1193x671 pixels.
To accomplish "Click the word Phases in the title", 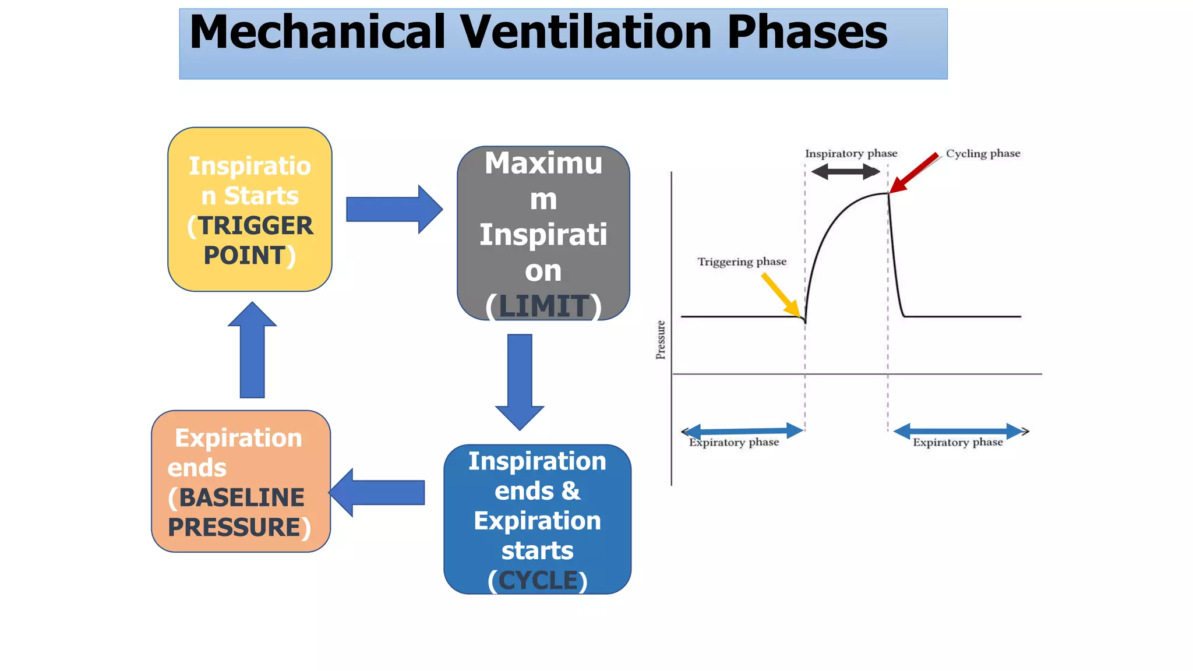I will pyautogui.click(x=807, y=33).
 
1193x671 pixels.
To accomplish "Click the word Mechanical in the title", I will pyautogui.click(x=317, y=33).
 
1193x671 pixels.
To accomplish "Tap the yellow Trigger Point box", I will pyautogui.click(x=249, y=210).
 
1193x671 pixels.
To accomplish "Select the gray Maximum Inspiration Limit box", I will pyautogui.click(x=543, y=233).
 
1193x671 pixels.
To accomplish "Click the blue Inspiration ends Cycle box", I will pyautogui.click(x=537, y=519).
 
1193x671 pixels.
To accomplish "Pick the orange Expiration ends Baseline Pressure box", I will pyautogui.click(x=241, y=481).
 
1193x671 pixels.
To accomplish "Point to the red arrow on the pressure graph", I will pyautogui.click(x=913, y=173).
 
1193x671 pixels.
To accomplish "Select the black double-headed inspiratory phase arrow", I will pyautogui.click(x=845, y=171).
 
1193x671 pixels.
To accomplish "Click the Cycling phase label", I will pyautogui.click(x=983, y=154).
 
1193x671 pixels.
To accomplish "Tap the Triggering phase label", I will pyautogui.click(x=742, y=262).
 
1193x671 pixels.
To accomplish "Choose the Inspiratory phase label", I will pyautogui.click(x=851, y=154).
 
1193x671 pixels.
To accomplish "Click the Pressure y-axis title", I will pyautogui.click(x=661, y=340).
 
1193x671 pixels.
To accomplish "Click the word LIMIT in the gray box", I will pyautogui.click(x=543, y=306).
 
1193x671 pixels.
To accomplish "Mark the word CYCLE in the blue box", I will pyautogui.click(x=538, y=581).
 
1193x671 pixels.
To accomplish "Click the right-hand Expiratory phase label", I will pyautogui.click(x=958, y=443).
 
